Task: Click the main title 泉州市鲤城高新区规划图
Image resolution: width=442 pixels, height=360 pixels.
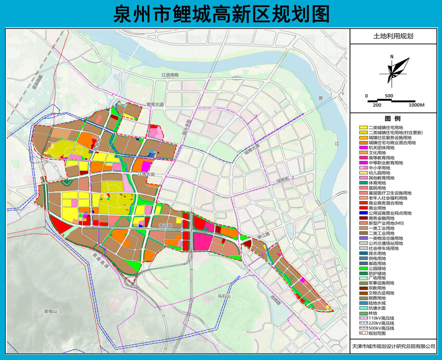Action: click(221, 14)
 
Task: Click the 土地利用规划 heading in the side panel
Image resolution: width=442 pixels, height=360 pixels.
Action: click(393, 36)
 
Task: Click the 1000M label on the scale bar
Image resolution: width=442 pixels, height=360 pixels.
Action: click(417, 105)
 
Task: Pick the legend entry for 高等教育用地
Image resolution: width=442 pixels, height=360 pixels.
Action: click(381, 158)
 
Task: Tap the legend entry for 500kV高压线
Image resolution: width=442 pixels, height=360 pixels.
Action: click(381, 328)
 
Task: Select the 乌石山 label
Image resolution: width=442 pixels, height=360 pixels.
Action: click(225, 296)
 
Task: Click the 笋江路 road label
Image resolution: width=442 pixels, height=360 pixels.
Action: click(254, 237)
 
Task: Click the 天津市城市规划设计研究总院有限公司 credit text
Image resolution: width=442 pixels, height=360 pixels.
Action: click(393, 346)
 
